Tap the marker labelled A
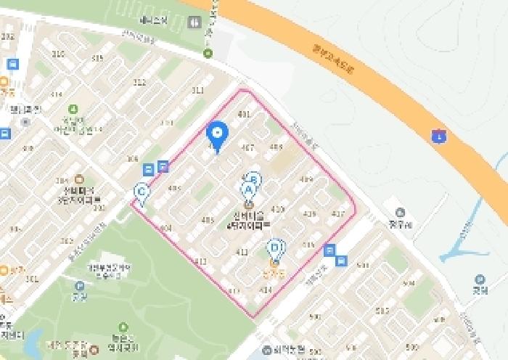coord(247,190)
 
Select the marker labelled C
coord(142,193)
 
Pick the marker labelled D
coord(275,248)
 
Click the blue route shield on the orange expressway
coord(438,136)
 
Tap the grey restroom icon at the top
coord(194,22)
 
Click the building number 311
coord(197,91)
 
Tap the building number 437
coord(337,213)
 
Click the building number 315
coord(97,57)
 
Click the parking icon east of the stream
coord(478,279)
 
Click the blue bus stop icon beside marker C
coord(149,170)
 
